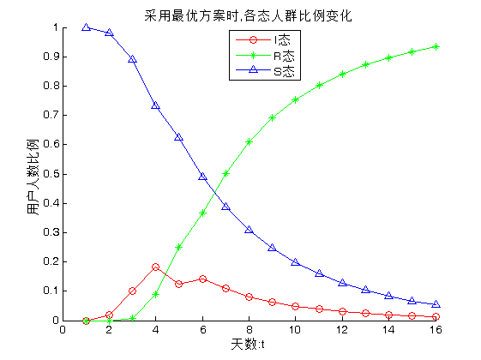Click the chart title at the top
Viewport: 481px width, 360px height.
(248, 15)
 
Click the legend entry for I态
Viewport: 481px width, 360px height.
(263, 40)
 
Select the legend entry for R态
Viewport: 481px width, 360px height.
(265, 56)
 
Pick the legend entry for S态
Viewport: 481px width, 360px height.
(265, 71)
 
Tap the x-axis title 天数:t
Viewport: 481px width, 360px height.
(248, 344)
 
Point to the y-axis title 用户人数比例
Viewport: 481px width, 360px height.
(33, 177)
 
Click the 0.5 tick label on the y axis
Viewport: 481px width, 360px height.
(51, 174)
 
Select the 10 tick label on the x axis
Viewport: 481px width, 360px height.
(295, 330)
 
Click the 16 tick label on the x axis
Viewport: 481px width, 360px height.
(436, 330)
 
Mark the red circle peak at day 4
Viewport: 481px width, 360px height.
(155, 267)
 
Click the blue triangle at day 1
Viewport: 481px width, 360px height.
(87, 27)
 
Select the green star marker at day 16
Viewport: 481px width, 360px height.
(436, 46)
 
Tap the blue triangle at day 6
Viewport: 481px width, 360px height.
(202, 177)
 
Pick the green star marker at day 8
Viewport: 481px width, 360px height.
(250, 141)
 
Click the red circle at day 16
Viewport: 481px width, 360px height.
(436, 316)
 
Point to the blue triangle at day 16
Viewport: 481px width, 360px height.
(436, 304)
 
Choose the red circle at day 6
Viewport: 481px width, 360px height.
(202, 279)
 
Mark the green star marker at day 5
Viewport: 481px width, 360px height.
(179, 247)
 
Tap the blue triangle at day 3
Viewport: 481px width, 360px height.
(133, 59)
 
